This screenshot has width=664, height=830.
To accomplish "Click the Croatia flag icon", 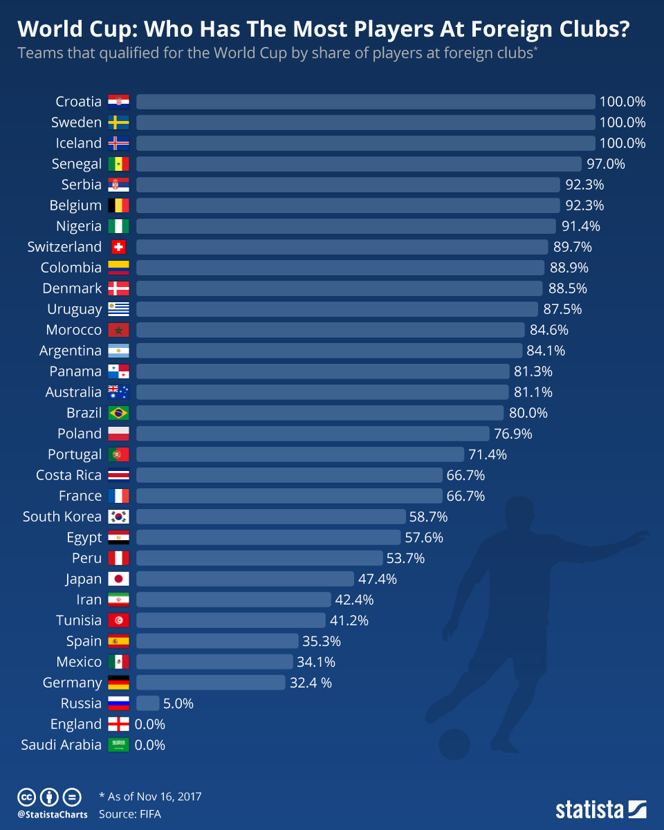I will (x=118, y=102).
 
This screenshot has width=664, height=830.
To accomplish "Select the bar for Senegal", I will (x=358, y=164).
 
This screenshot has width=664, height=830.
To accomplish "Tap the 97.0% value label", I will (x=606, y=164).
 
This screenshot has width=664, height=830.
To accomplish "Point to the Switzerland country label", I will (x=64, y=247).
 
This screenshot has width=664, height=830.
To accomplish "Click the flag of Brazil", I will (x=118, y=413).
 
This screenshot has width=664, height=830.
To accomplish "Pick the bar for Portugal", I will (x=299, y=454).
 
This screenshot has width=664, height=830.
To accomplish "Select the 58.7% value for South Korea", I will (x=429, y=517).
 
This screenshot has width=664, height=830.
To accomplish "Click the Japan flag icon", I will (x=118, y=579).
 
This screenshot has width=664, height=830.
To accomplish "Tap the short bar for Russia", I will (x=147, y=703).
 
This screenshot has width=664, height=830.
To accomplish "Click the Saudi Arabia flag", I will (x=118, y=745).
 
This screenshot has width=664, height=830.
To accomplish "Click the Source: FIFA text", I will (x=130, y=814).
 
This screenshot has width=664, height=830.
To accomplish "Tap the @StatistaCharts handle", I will (x=53, y=815).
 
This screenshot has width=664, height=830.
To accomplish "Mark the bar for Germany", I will (x=210, y=683).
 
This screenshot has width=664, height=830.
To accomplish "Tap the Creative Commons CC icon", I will (x=27, y=797).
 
